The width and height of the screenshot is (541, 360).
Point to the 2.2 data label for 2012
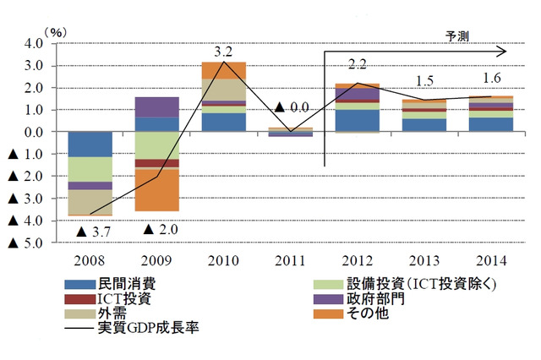(358, 64)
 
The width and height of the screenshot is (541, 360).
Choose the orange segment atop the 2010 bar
(224, 69)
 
